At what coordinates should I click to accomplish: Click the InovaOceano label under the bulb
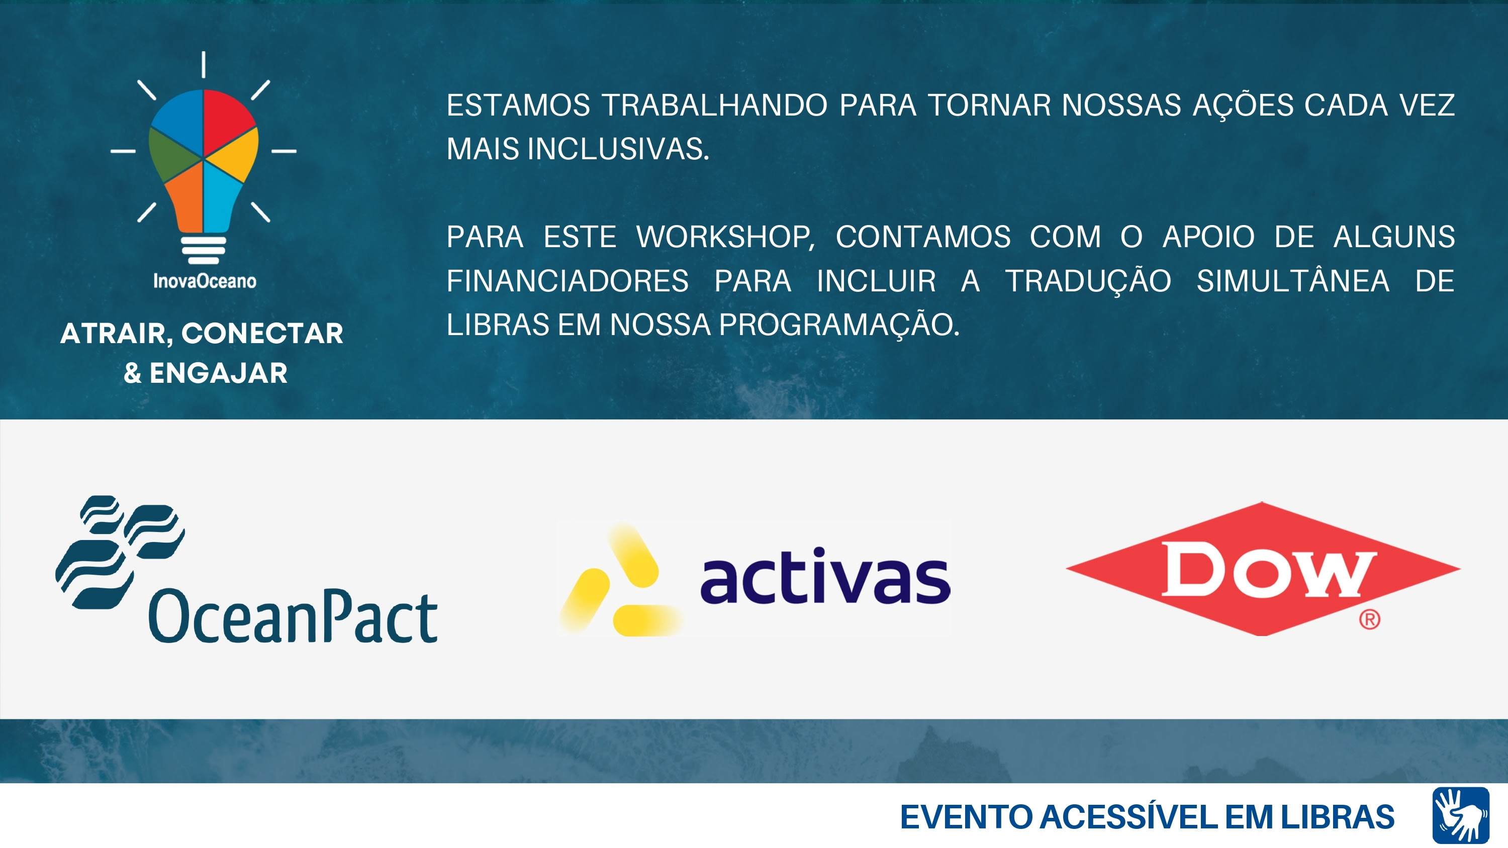(x=204, y=281)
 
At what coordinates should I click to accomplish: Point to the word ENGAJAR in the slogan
(x=218, y=373)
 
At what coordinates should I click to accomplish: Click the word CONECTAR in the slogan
(x=262, y=334)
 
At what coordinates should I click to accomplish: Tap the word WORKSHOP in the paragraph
(x=725, y=238)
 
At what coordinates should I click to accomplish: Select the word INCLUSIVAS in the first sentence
(x=618, y=149)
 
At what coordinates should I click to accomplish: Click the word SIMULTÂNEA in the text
(x=1292, y=280)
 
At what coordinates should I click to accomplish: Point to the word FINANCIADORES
(x=567, y=281)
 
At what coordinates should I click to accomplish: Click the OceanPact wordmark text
(x=293, y=616)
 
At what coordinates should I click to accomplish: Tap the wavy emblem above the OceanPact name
(x=120, y=552)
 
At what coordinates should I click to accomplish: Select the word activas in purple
(x=825, y=575)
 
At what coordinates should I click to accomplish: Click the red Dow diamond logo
(x=1263, y=569)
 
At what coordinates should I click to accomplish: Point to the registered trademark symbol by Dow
(x=1369, y=619)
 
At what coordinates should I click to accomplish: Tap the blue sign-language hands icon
(x=1461, y=815)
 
